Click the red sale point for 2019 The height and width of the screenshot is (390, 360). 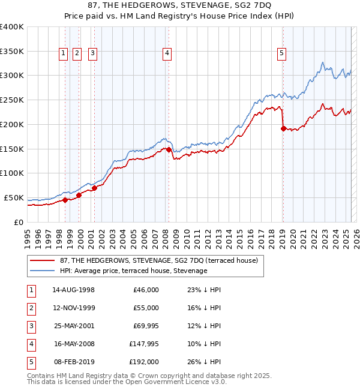[x=283, y=128]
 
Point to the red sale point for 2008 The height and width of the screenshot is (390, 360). [x=169, y=149]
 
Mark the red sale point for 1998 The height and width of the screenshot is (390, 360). [x=65, y=200]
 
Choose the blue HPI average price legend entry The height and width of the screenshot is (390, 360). [x=133, y=271]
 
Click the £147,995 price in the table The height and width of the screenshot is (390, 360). [x=144, y=344]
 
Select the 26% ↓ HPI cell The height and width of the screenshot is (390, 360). [x=205, y=362]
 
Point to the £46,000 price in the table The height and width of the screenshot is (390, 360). [x=146, y=290]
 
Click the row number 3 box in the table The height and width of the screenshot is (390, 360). [x=31, y=326]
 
